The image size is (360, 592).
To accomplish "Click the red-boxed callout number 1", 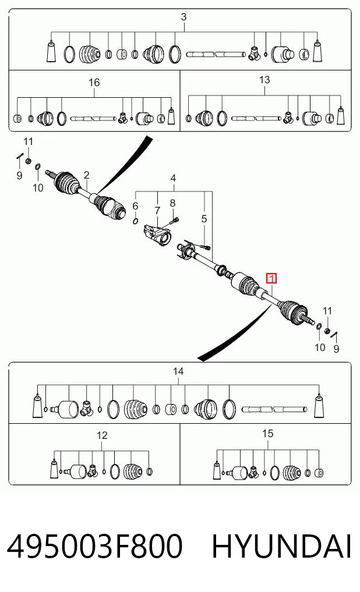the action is (271, 279).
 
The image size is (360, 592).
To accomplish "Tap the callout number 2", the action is (87, 175).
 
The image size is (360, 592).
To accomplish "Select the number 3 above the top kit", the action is (183, 17).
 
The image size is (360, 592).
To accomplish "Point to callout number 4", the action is (173, 178).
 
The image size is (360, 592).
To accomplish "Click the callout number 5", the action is (204, 219).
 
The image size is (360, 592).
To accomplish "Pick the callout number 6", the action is (135, 205).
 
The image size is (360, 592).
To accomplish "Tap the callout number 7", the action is (157, 210).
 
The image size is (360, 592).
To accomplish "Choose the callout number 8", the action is (172, 203).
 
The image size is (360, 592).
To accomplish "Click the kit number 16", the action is (94, 82).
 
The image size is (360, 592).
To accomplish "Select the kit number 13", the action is (264, 80).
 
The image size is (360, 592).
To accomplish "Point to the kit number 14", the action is (178, 371).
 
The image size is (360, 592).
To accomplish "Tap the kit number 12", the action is (102, 435).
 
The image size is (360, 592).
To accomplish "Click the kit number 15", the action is (267, 434).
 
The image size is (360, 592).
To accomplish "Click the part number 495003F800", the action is (95, 546).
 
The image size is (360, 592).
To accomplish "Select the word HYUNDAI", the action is (282, 546).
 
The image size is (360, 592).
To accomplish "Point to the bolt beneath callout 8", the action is (174, 220).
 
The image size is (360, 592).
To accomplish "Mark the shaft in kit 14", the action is (274, 409).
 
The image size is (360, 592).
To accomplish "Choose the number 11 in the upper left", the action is (29, 141).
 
